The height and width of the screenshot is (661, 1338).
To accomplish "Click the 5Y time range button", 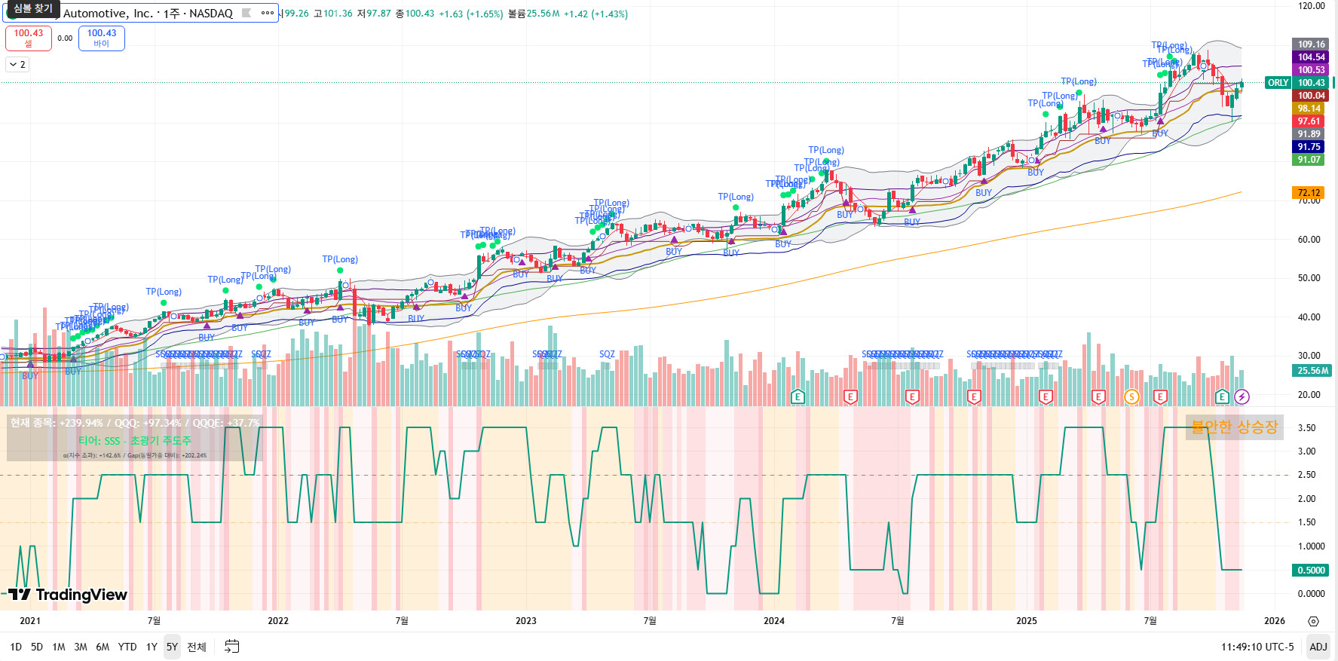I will point(172,647).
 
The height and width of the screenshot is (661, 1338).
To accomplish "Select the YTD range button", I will point(127,647).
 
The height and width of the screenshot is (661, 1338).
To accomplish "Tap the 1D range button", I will point(16,647).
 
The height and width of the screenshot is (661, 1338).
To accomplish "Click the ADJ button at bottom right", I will point(1318,647).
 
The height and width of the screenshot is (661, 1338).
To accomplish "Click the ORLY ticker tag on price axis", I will point(1278,83).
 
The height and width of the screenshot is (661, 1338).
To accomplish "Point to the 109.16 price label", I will point(1311,44).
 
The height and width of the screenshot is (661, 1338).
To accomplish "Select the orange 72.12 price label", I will point(1309,193).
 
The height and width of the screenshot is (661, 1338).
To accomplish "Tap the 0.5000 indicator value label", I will point(1311,571).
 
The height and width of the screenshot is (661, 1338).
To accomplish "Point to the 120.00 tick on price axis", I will point(1311,6).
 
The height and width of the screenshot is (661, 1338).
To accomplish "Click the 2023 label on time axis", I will point(525,621).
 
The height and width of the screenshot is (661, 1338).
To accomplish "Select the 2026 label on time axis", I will point(1274,621).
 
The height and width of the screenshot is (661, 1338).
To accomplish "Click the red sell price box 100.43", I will point(29,38).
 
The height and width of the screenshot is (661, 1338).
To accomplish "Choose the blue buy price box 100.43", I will point(102,38).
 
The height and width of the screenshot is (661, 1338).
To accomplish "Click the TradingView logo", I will point(68,595).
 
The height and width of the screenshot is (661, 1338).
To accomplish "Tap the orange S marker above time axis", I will point(1131,396).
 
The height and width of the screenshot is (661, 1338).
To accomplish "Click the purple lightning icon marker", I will point(1242,396).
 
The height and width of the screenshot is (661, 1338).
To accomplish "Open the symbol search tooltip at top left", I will point(32,9).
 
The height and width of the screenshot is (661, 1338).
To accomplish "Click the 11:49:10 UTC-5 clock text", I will point(1257,647).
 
